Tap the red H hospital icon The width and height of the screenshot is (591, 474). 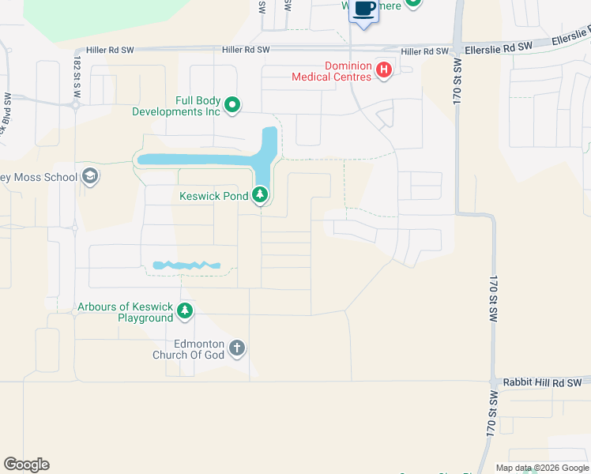[384, 70]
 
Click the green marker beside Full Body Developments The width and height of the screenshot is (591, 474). [232, 104]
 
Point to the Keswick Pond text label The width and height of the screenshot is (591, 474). [213, 195]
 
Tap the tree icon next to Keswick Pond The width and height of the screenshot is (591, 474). [261, 195]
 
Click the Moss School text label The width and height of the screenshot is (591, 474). [39, 175]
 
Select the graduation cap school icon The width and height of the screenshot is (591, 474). [90, 175]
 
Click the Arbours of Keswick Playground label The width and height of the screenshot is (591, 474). [125, 312]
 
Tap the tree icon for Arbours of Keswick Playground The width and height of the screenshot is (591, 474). [185, 311]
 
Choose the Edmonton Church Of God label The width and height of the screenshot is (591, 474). [188, 349]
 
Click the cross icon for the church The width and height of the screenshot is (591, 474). [236, 348]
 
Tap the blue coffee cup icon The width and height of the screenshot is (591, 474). [364, 9]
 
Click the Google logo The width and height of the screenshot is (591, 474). [26, 465]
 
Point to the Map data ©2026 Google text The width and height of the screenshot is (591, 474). [541, 468]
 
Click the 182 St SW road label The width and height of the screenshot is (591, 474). [77, 75]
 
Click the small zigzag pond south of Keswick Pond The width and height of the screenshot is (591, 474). [186, 265]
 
